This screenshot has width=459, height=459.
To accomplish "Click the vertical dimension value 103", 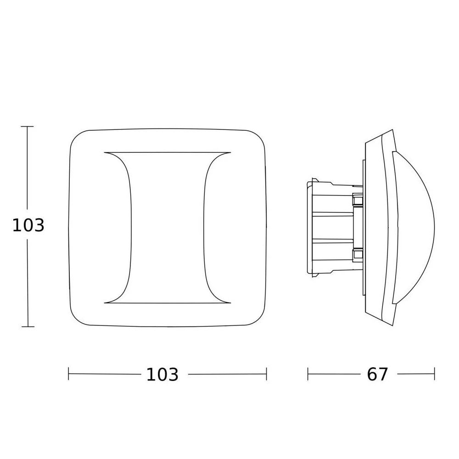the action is tap(28, 226).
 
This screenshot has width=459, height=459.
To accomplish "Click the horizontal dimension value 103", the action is tap(162, 375).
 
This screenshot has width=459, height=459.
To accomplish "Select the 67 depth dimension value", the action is tap(377, 375).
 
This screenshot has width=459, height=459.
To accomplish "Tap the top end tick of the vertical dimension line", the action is tap(27, 127).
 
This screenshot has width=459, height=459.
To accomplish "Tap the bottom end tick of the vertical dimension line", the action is tap(28, 326).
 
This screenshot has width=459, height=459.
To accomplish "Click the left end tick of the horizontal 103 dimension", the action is tap(68, 374).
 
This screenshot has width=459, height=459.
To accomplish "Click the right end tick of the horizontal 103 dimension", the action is tap(266, 374).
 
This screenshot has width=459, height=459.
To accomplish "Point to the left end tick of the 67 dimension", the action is tap(308, 374).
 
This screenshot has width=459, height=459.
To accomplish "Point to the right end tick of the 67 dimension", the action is tap(434, 374).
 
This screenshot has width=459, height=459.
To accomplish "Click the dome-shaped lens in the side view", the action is tap(416, 227).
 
